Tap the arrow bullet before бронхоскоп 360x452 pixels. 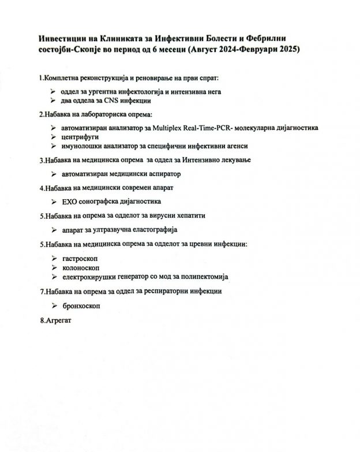[x=53, y=305]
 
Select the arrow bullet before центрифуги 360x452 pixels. [x=53, y=137]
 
